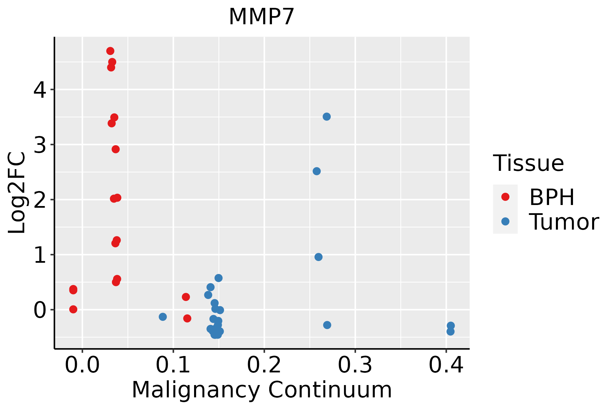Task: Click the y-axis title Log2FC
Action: (x=17, y=193)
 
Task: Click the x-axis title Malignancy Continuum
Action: (x=262, y=390)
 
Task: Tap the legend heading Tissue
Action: (x=529, y=163)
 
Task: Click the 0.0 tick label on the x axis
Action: (x=82, y=365)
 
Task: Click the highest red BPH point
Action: (x=110, y=51)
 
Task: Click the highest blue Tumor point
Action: (x=327, y=117)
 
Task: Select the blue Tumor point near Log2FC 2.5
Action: (x=317, y=171)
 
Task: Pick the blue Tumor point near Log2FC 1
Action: (x=318, y=257)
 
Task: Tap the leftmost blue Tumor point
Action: (x=163, y=317)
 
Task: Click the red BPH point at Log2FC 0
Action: (x=73, y=309)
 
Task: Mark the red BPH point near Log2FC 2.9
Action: (x=115, y=149)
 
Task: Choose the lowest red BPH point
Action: (x=187, y=318)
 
